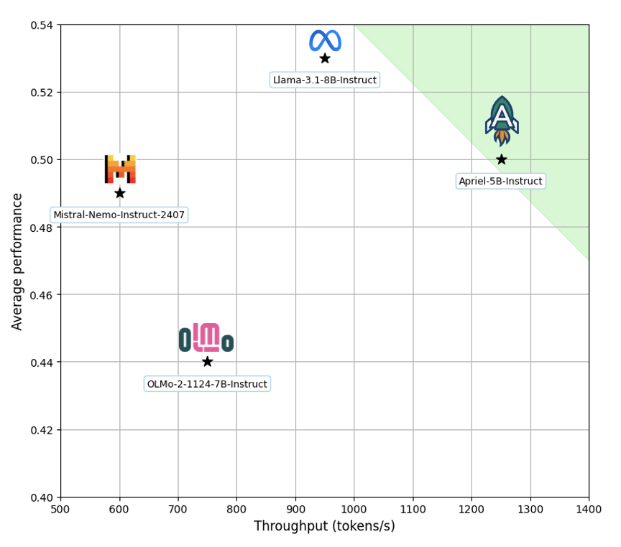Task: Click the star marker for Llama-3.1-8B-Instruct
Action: tap(325, 58)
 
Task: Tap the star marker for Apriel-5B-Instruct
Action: tap(501, 159)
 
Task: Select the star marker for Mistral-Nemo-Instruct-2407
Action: tap(119, 193)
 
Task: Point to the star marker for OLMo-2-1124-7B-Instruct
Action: tap(207, 362)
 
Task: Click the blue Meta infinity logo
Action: tap(325, 40)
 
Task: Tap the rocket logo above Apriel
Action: tap(502, 121)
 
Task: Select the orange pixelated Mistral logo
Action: tap(120, 169)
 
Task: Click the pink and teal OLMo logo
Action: tap(206, 337)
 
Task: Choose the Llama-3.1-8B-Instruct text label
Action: tap(325, 80)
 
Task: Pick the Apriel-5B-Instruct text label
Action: tap(501, 181)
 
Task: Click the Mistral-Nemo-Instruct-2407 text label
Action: tap(119, 215)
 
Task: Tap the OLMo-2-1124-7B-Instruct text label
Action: tap(207, 384)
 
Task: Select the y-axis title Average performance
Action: tap(18, 261)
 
